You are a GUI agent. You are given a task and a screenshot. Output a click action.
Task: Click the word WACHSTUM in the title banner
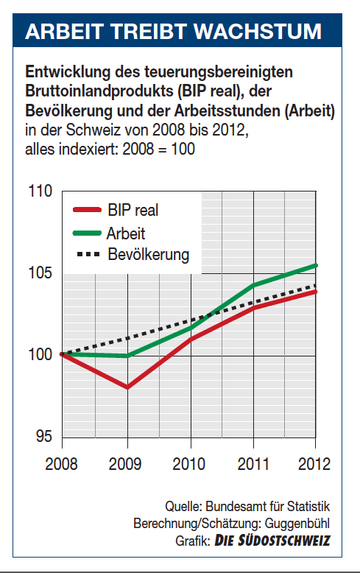point(257,31)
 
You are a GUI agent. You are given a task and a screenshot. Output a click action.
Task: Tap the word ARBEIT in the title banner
point(63,31)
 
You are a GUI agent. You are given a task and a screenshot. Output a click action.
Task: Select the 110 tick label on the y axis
point(40,191)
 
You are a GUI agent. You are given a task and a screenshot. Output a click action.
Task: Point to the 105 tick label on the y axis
point(40,273)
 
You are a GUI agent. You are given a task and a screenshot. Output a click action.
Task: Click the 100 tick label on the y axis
point(40,355)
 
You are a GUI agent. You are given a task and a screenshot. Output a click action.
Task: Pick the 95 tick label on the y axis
point(44,436)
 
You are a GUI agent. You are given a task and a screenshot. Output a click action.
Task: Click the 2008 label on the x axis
point(61,464)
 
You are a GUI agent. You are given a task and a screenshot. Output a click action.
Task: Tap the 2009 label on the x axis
point(125,464)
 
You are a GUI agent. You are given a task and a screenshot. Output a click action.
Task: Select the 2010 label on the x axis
point(188,464)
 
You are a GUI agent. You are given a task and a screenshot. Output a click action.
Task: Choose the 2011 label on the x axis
point(253,464)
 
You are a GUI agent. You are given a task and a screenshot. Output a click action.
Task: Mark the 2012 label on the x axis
point(314,464)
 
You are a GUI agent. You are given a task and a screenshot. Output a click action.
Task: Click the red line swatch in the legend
point(87,210)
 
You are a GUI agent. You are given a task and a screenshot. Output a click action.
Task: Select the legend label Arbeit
point(126,233)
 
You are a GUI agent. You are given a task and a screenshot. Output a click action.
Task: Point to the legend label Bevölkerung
point(149,255)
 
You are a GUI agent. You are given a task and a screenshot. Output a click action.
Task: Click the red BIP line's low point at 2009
point(127,387)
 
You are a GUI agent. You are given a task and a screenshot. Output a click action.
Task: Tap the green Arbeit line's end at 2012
point(316,265)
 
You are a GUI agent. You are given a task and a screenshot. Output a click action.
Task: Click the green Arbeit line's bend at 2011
point(254,285)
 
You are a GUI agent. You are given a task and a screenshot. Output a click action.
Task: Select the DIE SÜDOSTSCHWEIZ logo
point(272,541)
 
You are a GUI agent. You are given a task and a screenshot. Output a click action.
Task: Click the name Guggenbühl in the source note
point(297,524)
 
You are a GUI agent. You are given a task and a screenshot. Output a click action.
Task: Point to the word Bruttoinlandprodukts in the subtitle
point(99,91)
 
